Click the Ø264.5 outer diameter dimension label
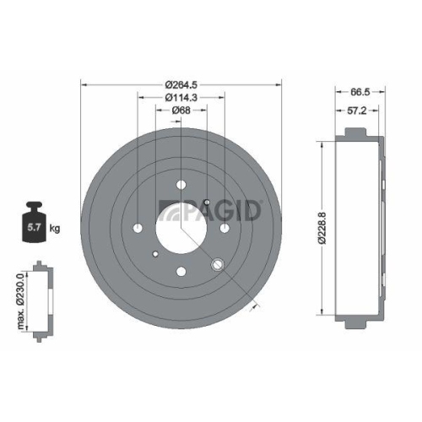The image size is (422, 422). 181,83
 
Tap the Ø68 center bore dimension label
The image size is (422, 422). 181,110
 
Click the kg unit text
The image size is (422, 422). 56,229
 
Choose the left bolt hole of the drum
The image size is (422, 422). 138,228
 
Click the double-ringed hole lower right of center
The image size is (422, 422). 218,265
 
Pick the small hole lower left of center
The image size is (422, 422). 154,254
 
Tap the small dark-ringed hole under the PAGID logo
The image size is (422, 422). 208,202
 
